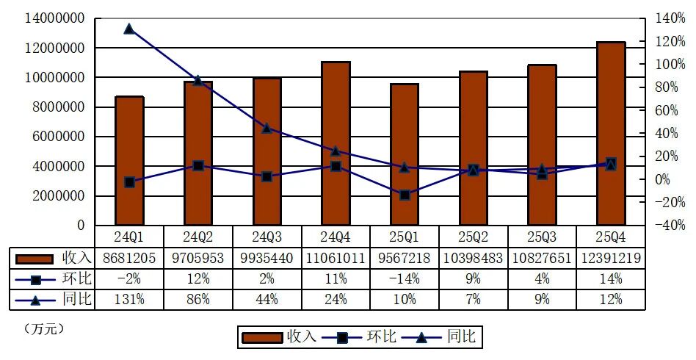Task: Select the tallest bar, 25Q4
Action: coord(611,133)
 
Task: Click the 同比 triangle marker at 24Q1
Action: coord(129,29)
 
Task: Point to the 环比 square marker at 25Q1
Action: coord(405,195)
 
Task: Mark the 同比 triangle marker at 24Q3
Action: coord(267,129)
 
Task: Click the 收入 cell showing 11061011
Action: coord(336,258)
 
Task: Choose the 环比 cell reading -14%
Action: coord(405,279)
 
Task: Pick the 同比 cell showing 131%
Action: coord(129,300)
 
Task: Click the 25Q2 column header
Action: coord(474,237)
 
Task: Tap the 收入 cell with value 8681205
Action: coord(129,258)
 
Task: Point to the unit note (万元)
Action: coord(44,328)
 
